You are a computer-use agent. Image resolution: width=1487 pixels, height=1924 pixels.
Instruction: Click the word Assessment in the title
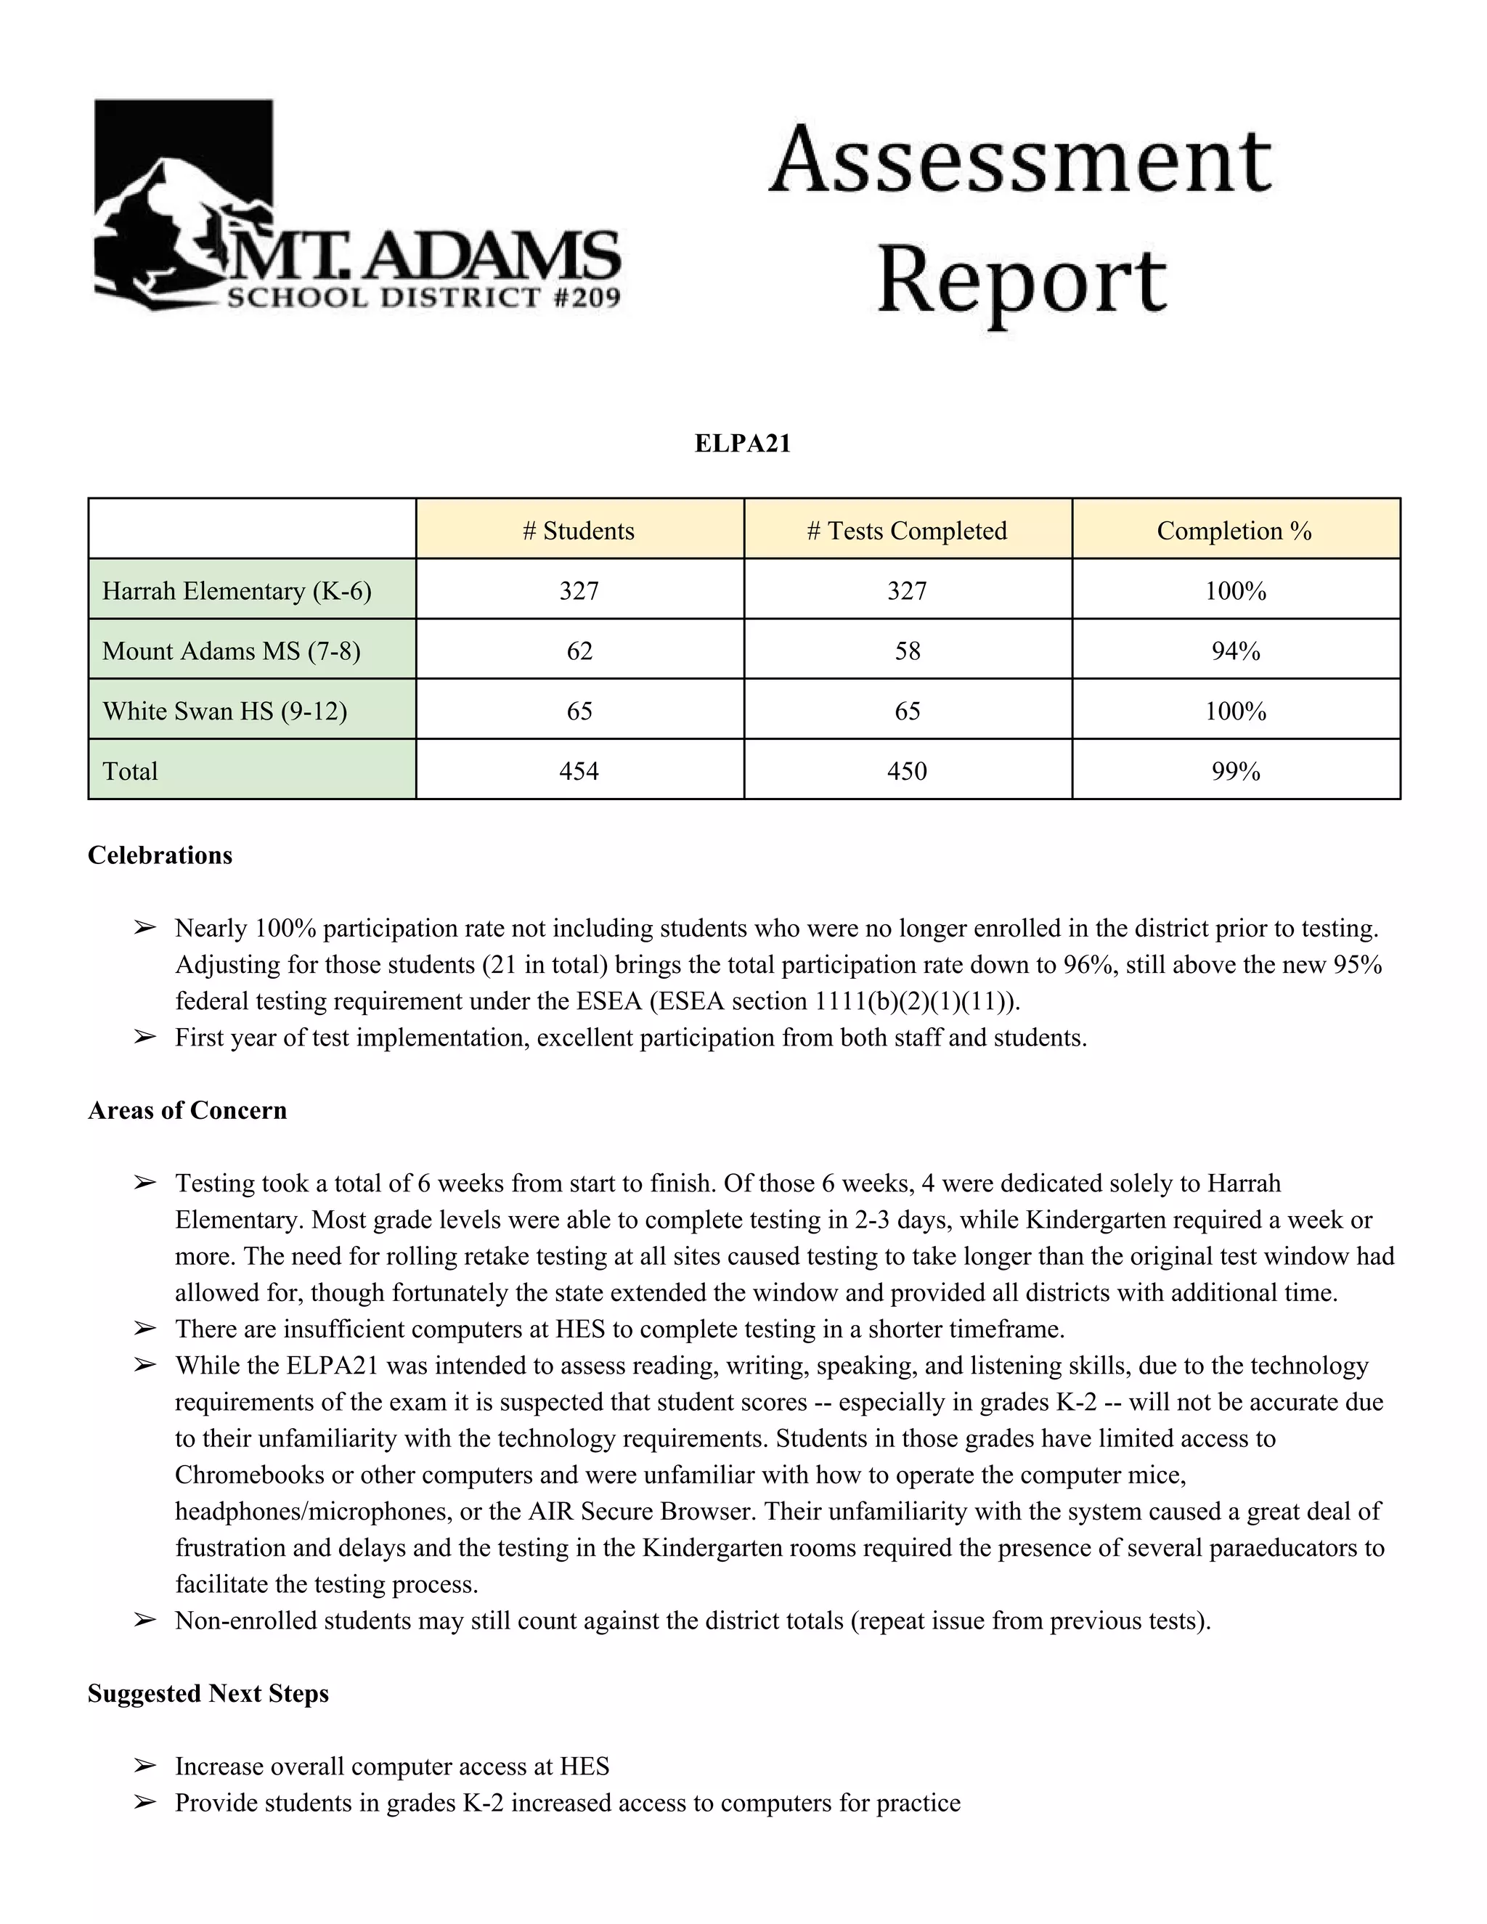1020,162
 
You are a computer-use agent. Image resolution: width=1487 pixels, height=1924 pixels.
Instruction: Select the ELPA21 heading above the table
743,443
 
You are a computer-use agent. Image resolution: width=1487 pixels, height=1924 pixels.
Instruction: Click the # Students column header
579,530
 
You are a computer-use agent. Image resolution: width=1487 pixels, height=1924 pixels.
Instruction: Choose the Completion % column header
1234,530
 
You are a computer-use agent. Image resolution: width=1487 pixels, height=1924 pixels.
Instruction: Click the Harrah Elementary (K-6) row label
236,590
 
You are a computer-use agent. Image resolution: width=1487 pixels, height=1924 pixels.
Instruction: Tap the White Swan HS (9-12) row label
224,711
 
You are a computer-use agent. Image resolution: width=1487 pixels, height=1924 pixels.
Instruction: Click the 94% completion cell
1235,651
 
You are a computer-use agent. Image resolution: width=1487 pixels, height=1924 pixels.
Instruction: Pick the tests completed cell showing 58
908,651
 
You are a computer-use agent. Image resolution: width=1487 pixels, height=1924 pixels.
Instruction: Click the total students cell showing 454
579,771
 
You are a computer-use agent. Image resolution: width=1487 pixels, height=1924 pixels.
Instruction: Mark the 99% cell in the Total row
1235,771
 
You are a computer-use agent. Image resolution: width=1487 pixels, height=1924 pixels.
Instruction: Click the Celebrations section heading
160,855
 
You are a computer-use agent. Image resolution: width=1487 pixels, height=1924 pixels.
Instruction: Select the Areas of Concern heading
187,1110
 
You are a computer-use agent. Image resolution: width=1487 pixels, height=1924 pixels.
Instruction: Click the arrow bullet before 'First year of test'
144,1037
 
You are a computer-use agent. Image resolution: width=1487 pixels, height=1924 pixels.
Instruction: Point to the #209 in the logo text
587,298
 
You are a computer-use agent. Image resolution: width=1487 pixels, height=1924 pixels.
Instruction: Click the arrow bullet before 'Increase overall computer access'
144,1766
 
